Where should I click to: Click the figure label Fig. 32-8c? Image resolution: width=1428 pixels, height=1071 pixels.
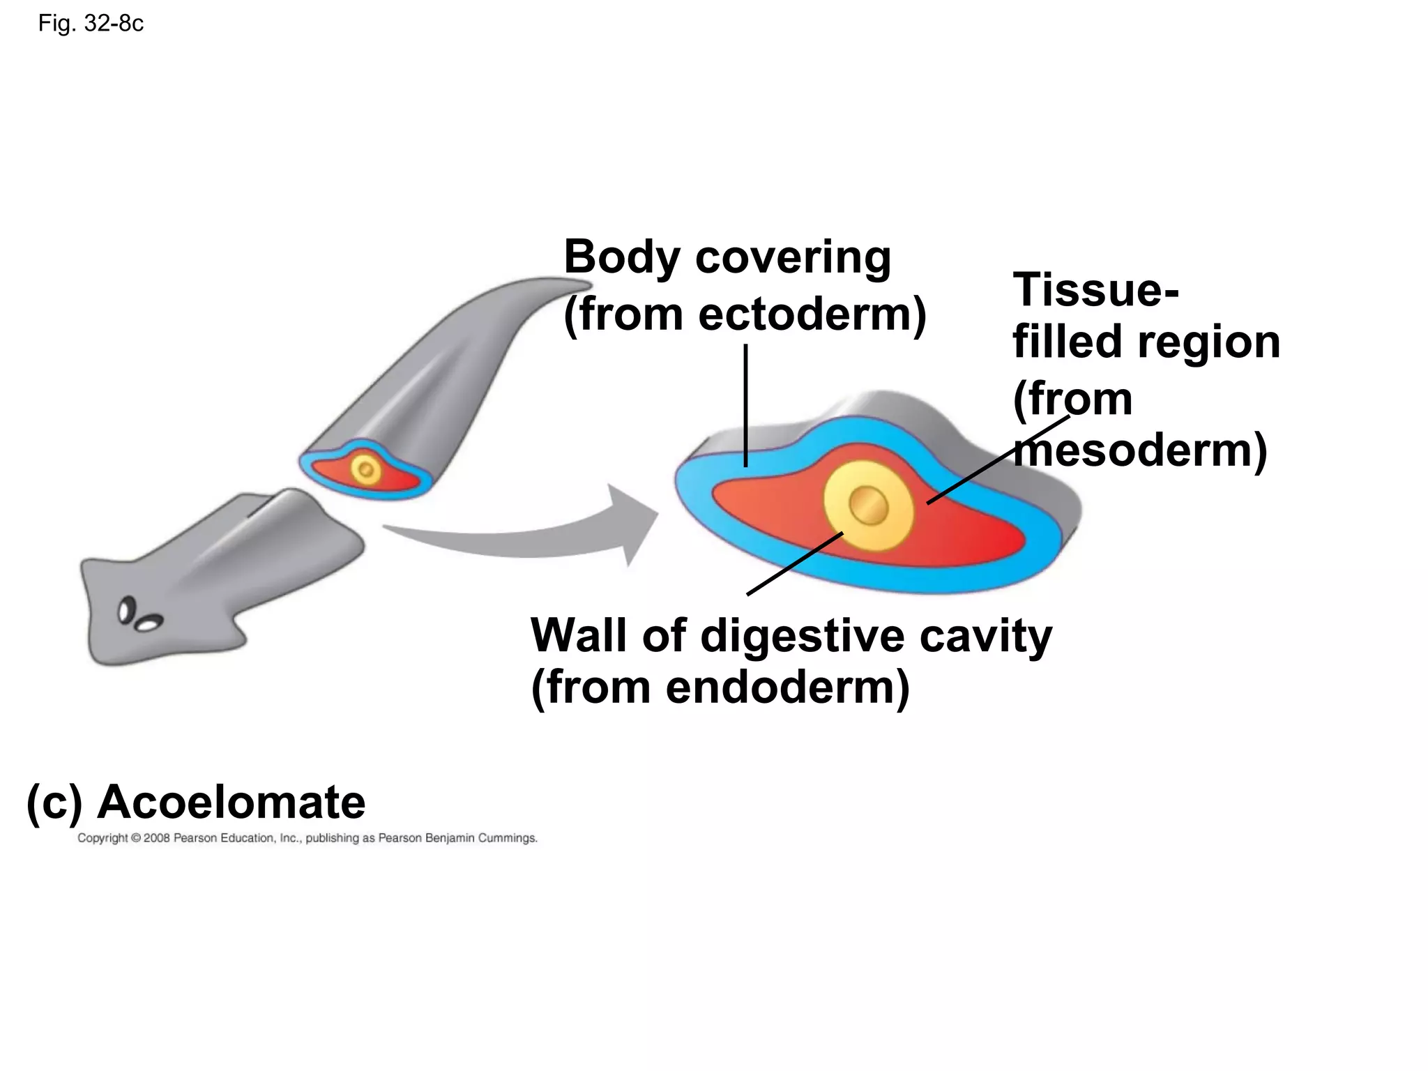click(x=91, y=24)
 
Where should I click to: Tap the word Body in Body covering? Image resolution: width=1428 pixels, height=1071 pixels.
click(x=622, y=257)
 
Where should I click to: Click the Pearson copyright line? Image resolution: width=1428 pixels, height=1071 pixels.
click(x=307, y=838)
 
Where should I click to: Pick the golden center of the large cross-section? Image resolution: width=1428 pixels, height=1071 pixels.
click(x=868, y=506)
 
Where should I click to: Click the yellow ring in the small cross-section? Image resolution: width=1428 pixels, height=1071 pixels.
click(x=365, y=469)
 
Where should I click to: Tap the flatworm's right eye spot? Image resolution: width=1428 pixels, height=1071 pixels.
click(x=149, y=623)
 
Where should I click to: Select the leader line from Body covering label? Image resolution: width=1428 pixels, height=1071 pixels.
click(x=745, y=404)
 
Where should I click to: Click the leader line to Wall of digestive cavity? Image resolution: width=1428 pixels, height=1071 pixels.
click(x=795, y=563)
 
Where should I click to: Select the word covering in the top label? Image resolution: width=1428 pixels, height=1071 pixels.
click(x=793, y=257)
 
